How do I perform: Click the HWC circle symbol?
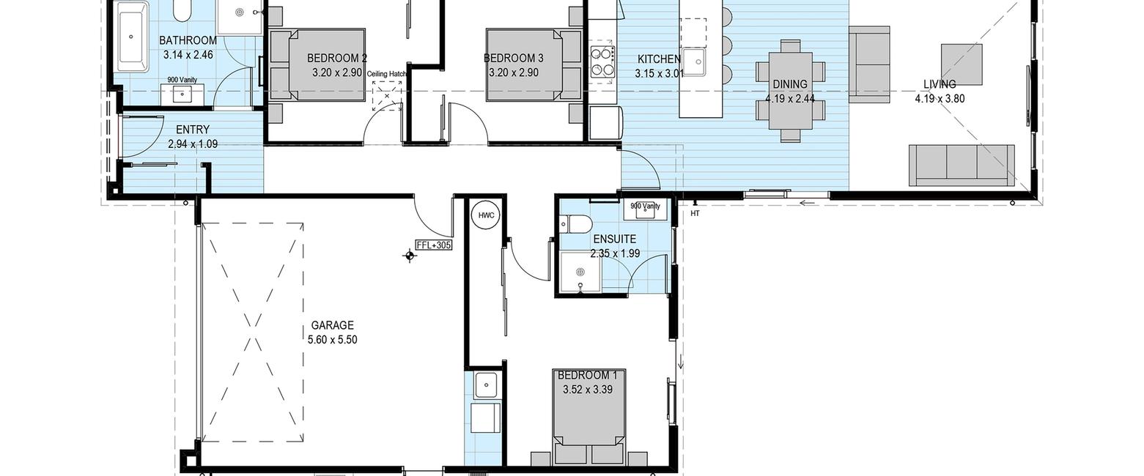point(486,215)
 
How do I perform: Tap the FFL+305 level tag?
point(434,245)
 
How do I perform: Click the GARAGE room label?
point(333,325)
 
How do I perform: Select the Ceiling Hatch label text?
point(387,74)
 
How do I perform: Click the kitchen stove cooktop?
point(602,62)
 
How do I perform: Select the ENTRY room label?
point(193,130)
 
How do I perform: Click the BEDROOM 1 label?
point(587,376)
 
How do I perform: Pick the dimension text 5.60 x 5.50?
point(333,340)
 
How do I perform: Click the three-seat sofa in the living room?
point(962,166)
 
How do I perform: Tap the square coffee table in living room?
point(962,64)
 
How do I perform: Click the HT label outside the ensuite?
point(695,214)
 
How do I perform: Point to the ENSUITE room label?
point(614,239)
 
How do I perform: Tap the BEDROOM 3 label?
point(514,58)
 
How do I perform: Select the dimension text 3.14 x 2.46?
point(188,55)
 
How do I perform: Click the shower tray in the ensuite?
point(580,272)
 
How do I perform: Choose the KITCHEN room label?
point(660,59)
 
